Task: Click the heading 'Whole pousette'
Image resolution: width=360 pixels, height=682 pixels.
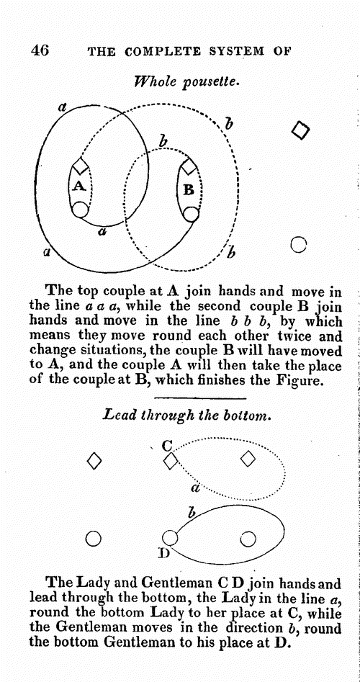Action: pos(187,81)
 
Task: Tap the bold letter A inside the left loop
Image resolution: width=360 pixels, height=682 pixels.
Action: pos(78,186)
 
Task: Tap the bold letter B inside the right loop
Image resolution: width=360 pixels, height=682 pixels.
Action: pos(189,190)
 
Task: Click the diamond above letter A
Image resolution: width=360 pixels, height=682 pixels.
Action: pos(81,166)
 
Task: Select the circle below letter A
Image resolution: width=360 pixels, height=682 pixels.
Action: pos(80,210)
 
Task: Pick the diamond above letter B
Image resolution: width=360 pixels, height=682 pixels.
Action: pos(189,166)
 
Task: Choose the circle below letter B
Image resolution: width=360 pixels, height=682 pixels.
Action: pos(191,214)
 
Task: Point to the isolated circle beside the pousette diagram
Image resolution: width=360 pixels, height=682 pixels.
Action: pos(298,244)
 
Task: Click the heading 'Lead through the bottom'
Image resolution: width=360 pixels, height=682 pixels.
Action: pos(187,416)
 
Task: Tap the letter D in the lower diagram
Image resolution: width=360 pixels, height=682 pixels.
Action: pos(164,553)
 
